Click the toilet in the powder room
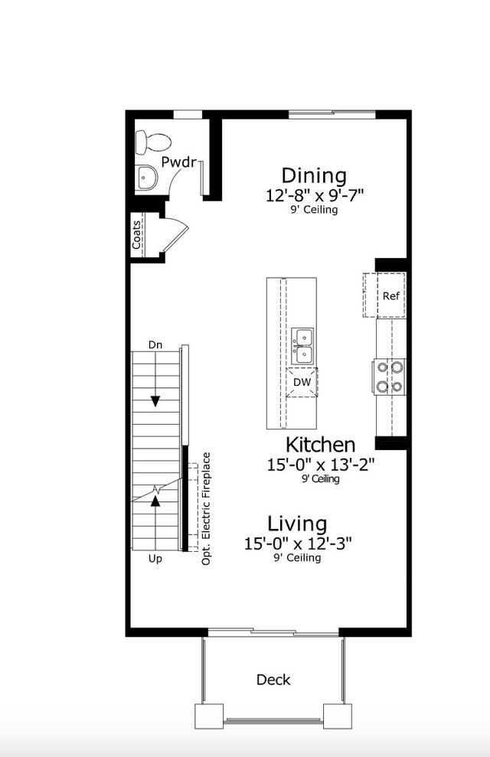pos(152,141)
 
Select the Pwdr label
pos(179,162)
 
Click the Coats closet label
pos(136,235)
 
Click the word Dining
pos(314,176)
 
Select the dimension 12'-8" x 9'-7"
pos(314,195)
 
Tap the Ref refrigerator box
pos(390,296)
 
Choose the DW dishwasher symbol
pos(302,382)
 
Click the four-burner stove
pos(389,376)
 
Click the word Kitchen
pos(320,445)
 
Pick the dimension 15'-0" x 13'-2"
pos(320,464)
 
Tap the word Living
pos(297,524)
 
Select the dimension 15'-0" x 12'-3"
pos(298,543)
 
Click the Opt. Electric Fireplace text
pos(206,509)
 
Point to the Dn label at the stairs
pos(155,344)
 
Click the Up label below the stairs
pos(155,559)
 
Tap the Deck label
pos(273,680)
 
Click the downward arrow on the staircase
pos(155,400)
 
